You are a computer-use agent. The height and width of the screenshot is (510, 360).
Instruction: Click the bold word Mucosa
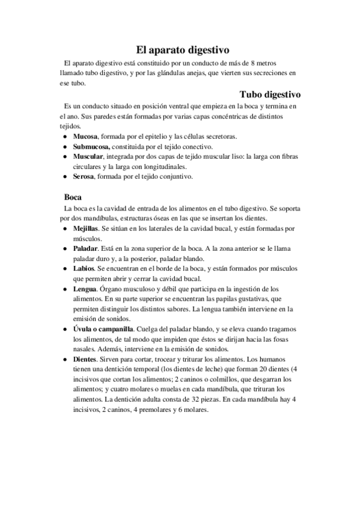tap(85, 137)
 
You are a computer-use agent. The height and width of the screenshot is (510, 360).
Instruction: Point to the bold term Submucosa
tap(91, 146)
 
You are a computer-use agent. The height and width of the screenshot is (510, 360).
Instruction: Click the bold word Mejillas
tap(86, 229)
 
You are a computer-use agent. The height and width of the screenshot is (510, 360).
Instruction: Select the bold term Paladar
tap(86, 248)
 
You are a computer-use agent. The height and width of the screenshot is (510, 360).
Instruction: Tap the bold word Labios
tap(84, 268)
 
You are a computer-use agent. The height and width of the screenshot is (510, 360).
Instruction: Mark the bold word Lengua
tap(85, 289)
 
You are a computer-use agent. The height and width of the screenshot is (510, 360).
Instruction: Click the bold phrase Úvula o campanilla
tap(103, 330)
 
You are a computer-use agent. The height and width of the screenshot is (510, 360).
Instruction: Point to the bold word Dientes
tap(86, 359)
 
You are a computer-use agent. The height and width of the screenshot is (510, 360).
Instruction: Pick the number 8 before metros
tap(255, 63)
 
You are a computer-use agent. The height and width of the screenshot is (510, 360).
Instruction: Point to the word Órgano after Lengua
tap(114, 289)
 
